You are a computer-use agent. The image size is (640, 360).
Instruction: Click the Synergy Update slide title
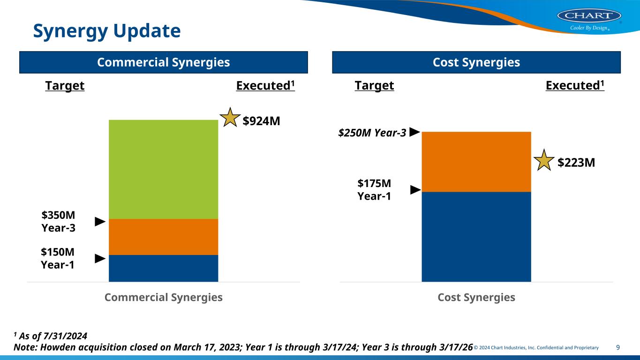click(106, 31)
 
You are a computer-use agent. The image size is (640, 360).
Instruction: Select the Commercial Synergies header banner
click(163, 62)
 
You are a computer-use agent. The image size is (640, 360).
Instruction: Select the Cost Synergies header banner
click(476, 62)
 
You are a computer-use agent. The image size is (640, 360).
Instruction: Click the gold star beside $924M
click(230, 118)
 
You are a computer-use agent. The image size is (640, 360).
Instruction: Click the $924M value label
click(262, 121)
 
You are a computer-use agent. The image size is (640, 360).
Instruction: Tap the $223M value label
click(576, 163)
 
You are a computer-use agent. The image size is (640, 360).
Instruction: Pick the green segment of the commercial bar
click(163, 169)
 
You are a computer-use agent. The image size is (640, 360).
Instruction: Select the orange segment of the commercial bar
click(163, 237)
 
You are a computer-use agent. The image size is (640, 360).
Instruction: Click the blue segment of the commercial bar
click(163, 268)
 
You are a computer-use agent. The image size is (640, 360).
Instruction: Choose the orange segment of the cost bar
click(476, 162)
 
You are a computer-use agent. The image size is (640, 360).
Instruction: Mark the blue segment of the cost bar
click(476, 237)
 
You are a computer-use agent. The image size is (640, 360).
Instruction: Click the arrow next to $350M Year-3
click(100, 221)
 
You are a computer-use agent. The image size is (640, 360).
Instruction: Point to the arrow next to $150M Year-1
click(100, 258)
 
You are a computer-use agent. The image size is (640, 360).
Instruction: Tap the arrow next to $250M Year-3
click(414, 132)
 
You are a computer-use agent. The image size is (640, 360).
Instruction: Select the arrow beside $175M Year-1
click(415, 190)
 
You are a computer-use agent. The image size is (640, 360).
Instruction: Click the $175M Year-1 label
click(374, 189)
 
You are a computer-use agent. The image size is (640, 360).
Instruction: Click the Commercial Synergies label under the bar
click(163, 297)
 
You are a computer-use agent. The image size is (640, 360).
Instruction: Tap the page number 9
click(618, 347)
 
